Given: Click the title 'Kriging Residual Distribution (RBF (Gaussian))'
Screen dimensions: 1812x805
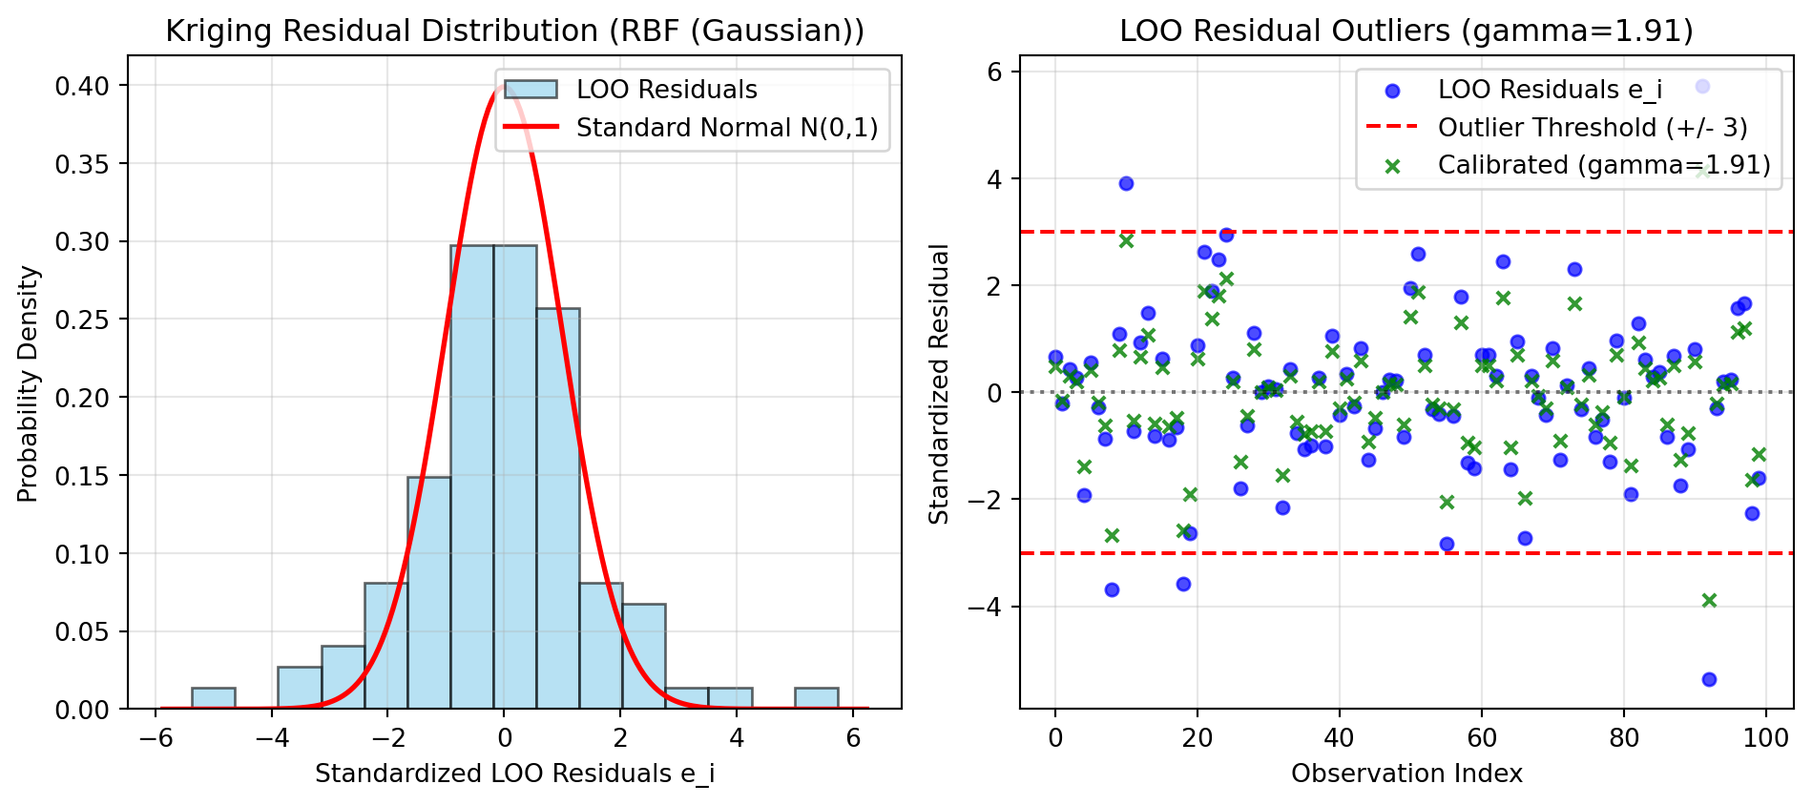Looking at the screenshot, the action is pyautogui.click(x=514, y=31).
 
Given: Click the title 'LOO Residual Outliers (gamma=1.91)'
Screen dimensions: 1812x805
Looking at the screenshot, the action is pyautogui.click(x=1406, y=31).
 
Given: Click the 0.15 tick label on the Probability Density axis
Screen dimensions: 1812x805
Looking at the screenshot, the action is pyautogui.click(x=81, y=476).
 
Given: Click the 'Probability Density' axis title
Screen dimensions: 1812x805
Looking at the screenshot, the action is pyautogui.click(x=29, y=383).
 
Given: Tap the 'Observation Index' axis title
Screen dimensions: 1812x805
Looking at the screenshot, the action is pyautogui.click(x=1406, y=773).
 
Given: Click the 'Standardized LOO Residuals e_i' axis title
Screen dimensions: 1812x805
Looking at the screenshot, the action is pyautogui.click(x=514, y=774).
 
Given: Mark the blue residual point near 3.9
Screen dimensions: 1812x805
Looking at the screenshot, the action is pyautogui.click(x=1126, y=183).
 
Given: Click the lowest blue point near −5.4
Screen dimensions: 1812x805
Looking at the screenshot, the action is pyautogui.click(x=1709, y=679).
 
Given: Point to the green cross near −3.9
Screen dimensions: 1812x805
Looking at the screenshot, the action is pyautogui.click(x=1709, y=600).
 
